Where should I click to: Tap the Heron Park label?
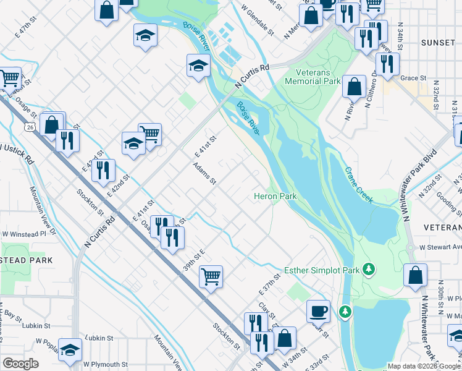(x=275, y=196)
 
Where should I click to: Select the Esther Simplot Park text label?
(x=321, y=270)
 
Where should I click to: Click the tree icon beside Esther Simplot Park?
(x=369, y=269)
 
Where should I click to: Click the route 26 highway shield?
(x=28, y=127)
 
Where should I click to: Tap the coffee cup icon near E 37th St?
(x=319, y=310)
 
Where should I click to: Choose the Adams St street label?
(x=204, y=174)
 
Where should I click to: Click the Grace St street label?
(x=414, y=79)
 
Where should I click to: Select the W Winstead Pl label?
(x=24, y=234)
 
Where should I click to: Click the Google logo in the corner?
(x=21, y=364)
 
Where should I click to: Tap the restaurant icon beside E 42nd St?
(x=103, y=169)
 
